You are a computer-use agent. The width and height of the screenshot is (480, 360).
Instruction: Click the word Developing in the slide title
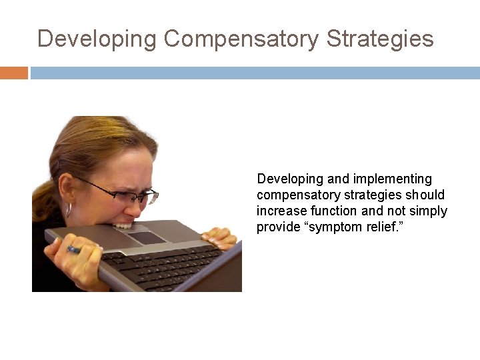tap(97, 39)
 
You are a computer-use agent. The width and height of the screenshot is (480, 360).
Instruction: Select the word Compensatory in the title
tap(241, 39)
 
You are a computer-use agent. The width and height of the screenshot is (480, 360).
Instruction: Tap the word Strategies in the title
tap(380, 39)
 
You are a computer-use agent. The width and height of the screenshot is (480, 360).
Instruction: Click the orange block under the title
tap(14, 73)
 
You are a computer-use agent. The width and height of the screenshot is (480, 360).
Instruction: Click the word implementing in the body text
tap(393, 179)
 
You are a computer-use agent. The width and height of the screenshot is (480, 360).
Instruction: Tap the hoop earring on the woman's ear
tap(69, 210)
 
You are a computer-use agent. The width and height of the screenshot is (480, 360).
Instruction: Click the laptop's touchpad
tap(145, 237)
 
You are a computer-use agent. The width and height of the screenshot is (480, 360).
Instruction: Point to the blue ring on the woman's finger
tap(73, 249)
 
